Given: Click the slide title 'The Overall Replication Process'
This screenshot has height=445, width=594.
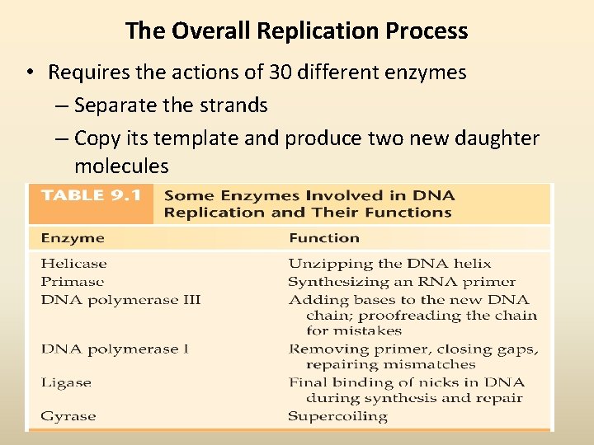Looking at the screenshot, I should (296, 31).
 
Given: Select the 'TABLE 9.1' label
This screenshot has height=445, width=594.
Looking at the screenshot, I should (90, 196).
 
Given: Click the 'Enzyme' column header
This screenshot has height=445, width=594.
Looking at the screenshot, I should (73, 238).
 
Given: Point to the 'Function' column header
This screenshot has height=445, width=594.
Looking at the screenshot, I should (323, 238).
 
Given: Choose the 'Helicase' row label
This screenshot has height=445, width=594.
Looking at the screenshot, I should (73, 264).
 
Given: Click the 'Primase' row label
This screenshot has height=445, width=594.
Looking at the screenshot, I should (73, 282).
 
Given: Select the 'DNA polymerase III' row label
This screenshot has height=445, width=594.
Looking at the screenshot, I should (120, 300).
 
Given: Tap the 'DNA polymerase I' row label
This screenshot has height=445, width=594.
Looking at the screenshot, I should (115, 349).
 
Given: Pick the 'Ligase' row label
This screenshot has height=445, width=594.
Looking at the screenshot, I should (66, 382).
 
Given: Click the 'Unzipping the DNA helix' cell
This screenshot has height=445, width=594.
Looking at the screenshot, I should (389, 264).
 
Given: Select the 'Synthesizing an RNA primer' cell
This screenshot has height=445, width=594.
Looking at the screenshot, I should (402, 282).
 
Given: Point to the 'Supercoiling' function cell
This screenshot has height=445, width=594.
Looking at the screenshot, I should (337, 416).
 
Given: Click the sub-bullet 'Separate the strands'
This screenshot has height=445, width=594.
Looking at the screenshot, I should (171, 105).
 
